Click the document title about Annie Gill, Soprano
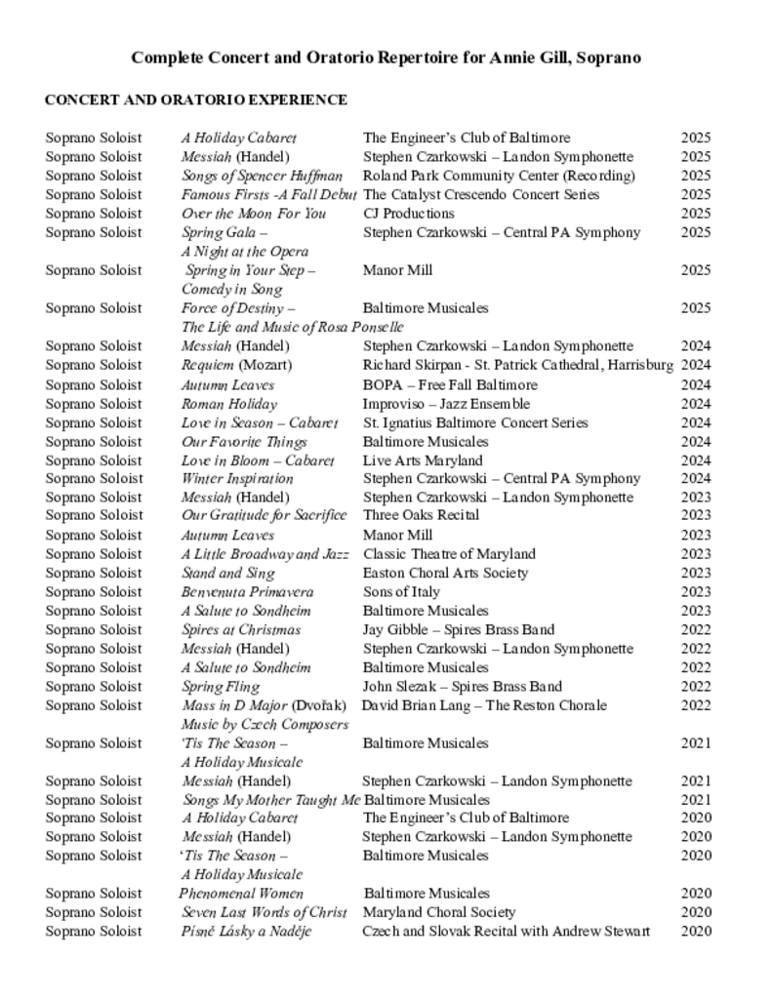[x=386, y=59]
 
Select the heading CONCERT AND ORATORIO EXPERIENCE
[x=195, y=100]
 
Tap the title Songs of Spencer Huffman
[x=262, y=176]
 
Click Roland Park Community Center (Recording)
[x=499, y=176]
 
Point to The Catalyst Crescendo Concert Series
[x=481, y=195]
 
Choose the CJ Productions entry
[x=409, y=214]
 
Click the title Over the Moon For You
[x=254, y=214]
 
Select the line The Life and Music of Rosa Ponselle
[x=292, y=327]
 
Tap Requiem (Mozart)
[x=236, y=365]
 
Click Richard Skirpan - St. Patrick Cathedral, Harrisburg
[x=517, y=365]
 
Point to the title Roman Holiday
[x=229, y=403]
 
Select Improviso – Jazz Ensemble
[x=446, y=403]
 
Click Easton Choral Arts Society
[x=445, y=573]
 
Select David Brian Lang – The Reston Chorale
[x=484, y=705]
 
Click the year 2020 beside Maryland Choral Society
[x=696, y=912]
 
